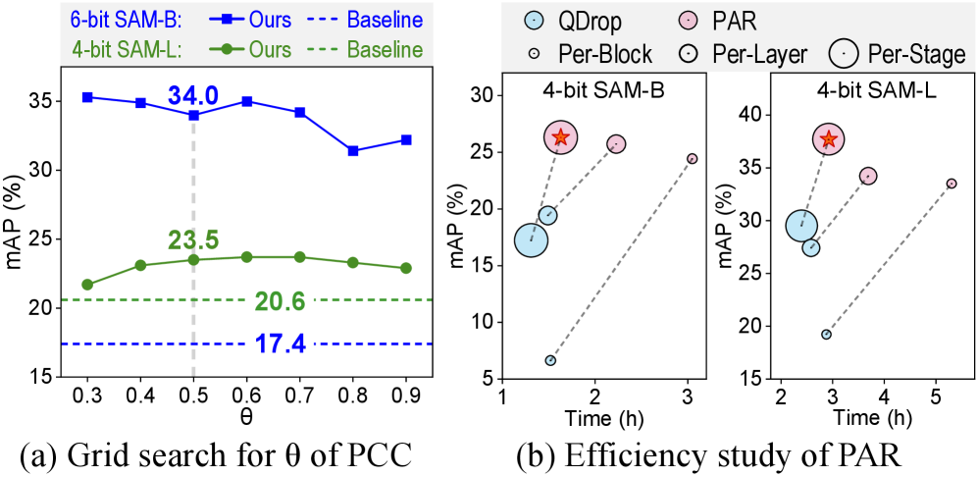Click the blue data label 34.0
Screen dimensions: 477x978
193,96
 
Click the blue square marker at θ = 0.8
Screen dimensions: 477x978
352,150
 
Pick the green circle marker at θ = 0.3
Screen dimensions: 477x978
87,285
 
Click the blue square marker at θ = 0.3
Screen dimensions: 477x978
87,97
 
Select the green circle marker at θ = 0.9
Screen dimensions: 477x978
406,268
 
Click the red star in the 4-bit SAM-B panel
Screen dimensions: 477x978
561,138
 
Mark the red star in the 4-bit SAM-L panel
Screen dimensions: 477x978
829,139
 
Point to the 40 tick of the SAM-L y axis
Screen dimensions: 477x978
750,114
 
